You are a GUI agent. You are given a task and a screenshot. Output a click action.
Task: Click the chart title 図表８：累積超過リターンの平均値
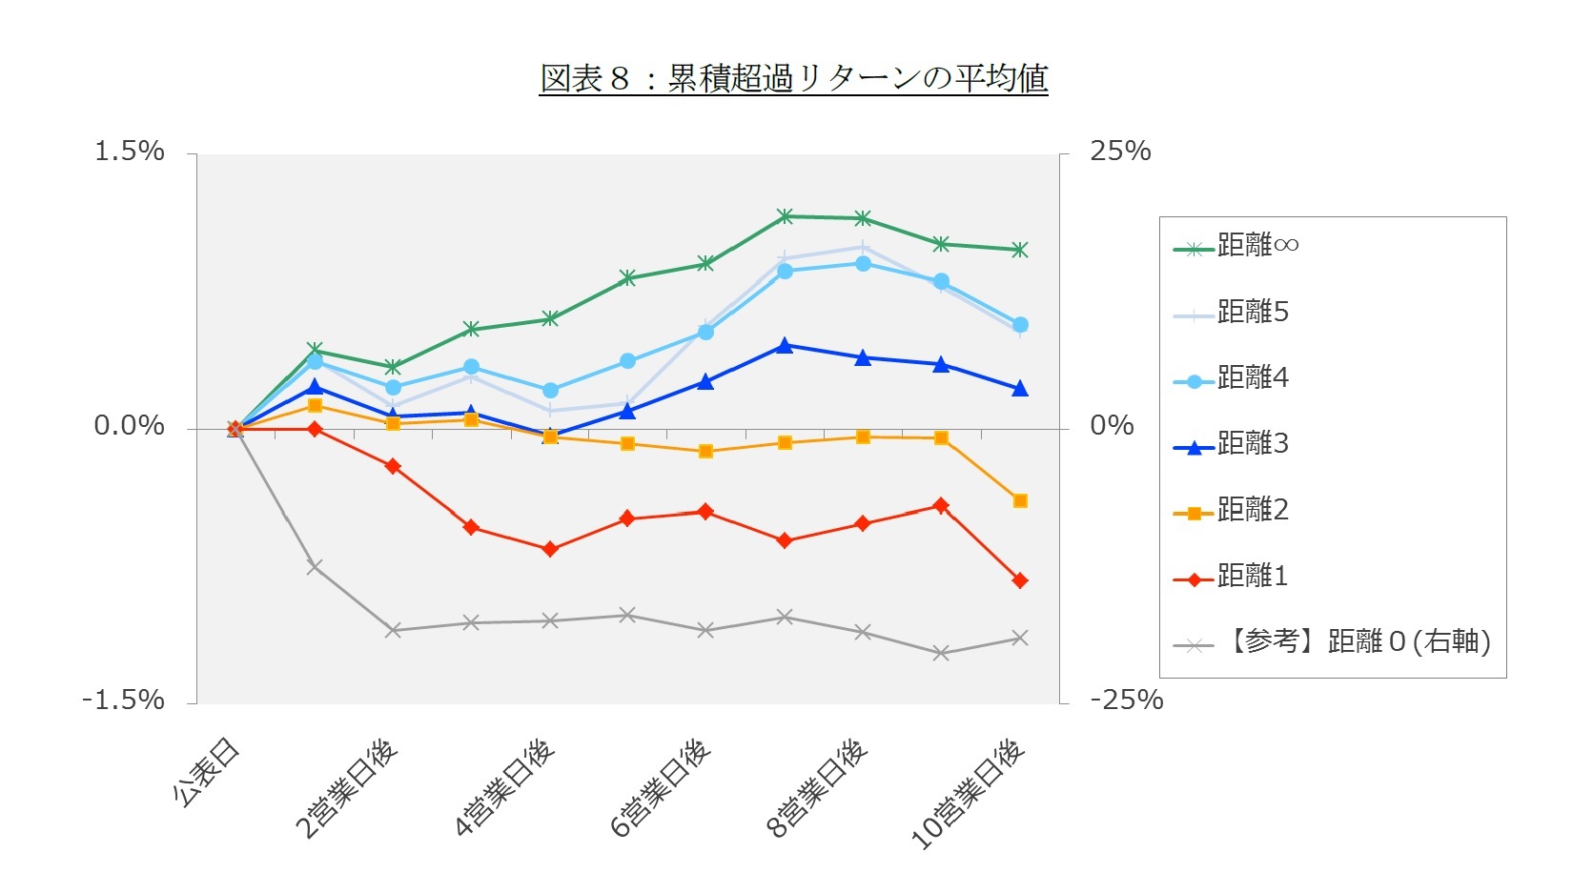pos(793,78)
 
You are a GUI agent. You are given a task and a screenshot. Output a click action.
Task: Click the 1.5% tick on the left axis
pos(129,152)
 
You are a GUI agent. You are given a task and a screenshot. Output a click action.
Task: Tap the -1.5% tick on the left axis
pos(123,700)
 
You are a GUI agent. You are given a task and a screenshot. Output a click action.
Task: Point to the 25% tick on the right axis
pos(1120,152)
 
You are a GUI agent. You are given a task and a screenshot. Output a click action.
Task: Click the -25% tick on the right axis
pos(1126,700)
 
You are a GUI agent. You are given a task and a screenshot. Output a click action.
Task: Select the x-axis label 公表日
pos(208,772)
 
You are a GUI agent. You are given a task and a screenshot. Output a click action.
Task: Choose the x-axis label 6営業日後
pos(661,787)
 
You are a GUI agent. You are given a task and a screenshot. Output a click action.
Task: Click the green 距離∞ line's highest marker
pos(785,216)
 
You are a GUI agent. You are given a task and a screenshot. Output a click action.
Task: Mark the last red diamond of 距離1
pos(1020,580)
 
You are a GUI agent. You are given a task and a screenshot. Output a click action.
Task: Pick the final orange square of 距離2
pos(1020,500)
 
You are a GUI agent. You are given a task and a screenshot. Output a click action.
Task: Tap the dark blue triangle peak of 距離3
pos(785,346)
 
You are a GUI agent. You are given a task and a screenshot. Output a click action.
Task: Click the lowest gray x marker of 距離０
pos(942,653)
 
